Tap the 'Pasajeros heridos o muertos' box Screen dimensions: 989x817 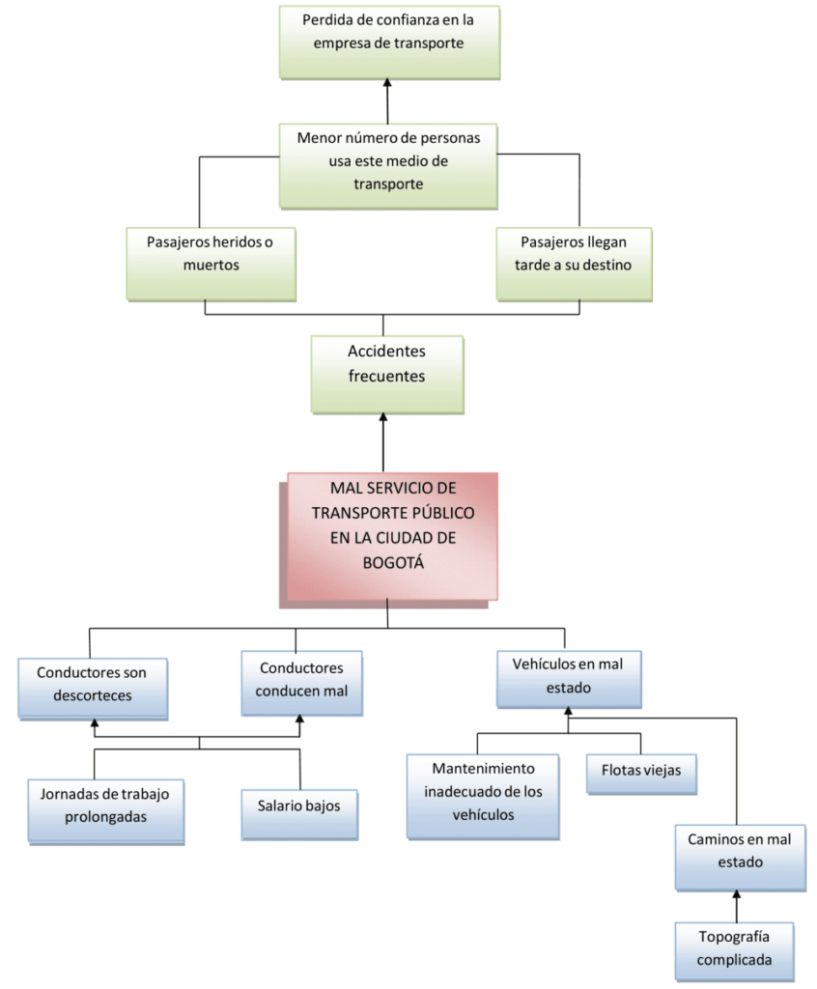click(211, 262)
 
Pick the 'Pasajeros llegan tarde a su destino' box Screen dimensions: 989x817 click(575, 262)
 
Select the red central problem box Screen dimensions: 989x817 click(392, 535)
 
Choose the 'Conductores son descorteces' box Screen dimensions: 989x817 click(91, 686)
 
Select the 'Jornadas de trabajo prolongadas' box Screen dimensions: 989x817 click(105, 809)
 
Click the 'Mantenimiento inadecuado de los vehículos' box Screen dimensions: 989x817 click(483, 794)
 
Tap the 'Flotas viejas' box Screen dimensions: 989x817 click(640, 771)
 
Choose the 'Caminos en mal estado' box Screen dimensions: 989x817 click(739, 854)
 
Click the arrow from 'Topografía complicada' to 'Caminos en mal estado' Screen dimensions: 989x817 click(736, 906)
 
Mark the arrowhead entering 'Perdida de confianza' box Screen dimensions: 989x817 click(387, 86)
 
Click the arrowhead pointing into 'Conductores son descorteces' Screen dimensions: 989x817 click(95, 721)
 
